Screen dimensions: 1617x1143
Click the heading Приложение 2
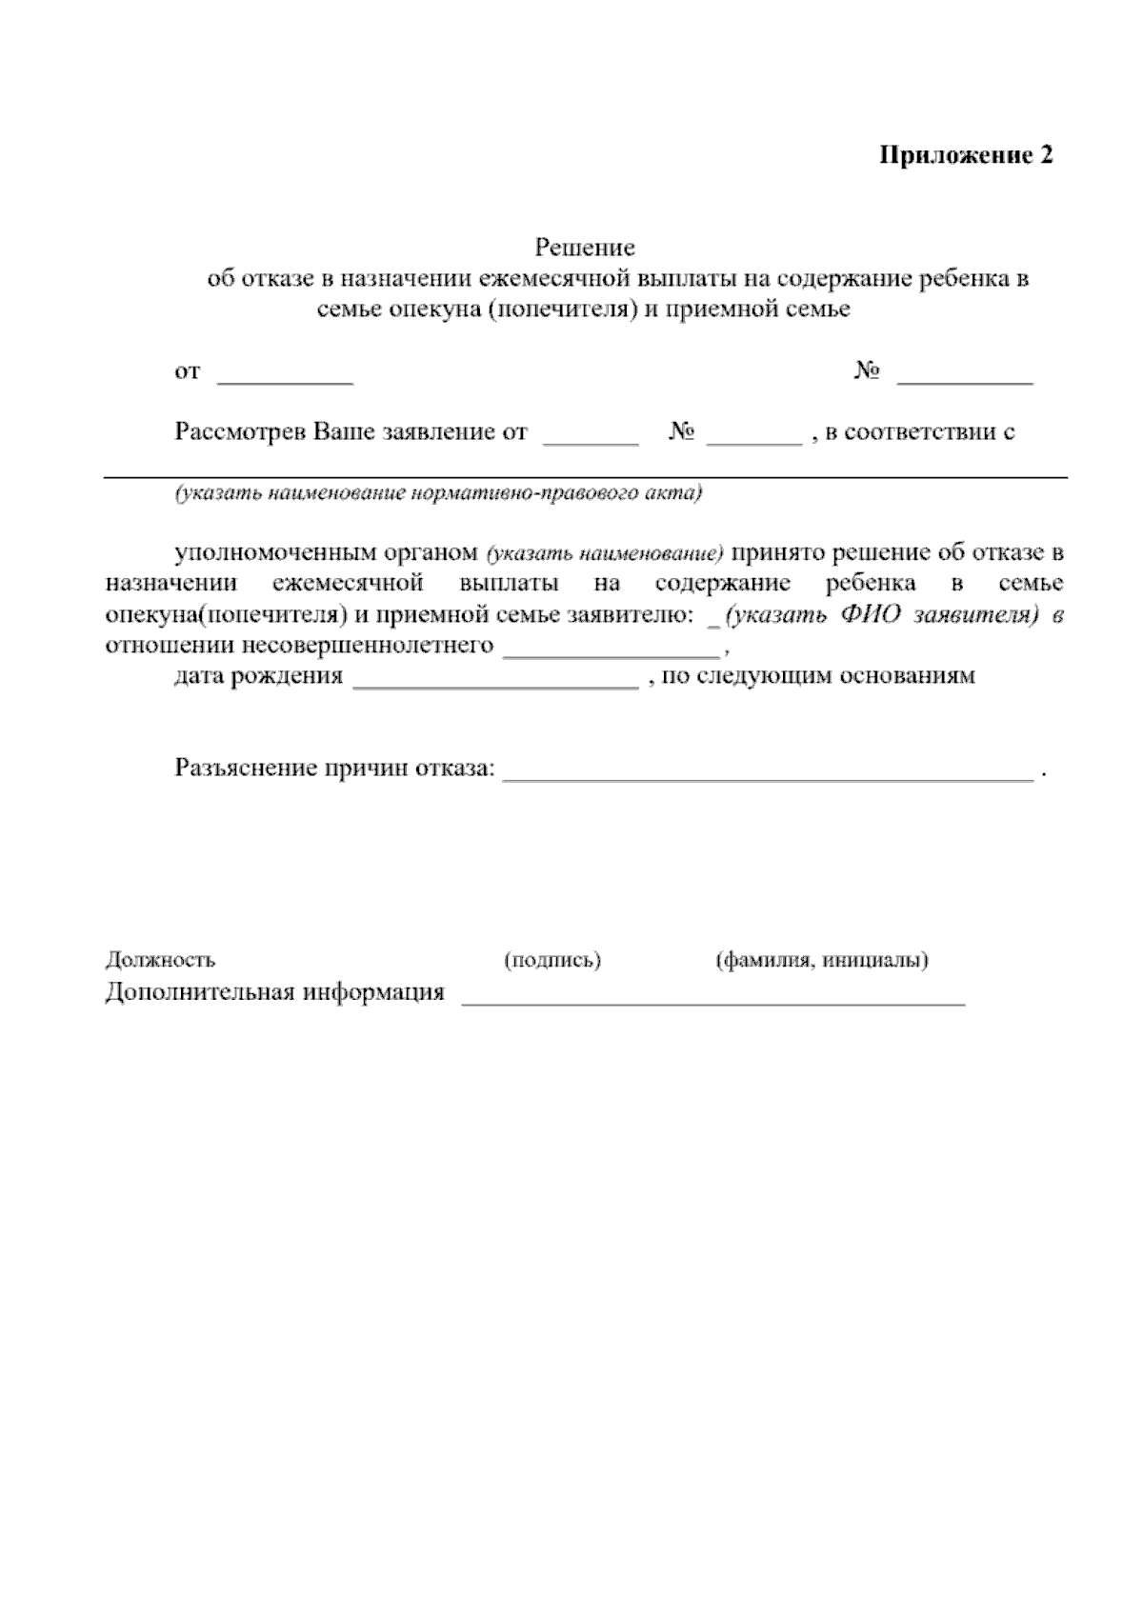[x=965, y=156]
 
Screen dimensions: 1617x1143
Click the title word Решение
[x=585, y=249]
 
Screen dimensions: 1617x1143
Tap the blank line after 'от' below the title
[x=286, y=378]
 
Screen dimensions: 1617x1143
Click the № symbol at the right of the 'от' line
[x=866, y=371]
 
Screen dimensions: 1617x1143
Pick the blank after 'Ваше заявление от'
[x=591, y=439]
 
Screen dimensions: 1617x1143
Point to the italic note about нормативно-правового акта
[x=437, y=494]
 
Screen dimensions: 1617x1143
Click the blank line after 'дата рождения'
[x=495, y=683]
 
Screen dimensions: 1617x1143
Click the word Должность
[x=160, y=960]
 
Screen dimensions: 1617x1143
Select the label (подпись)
[x=552, y=960]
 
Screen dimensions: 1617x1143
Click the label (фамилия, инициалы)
[x=822, y=960]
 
